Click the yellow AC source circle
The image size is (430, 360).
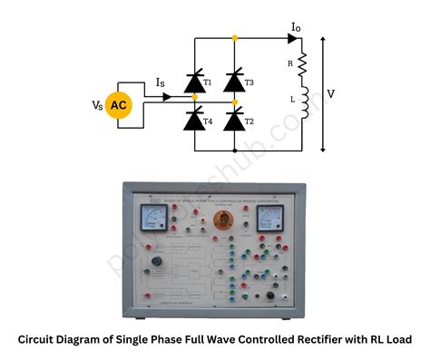119,106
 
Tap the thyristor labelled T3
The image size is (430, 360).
234,83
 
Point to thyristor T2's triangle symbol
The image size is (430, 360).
234,119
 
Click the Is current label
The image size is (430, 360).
161,83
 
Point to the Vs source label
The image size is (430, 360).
96,106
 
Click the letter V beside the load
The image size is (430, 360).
332,93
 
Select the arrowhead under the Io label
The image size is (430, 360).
292,38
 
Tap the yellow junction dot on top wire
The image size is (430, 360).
234,38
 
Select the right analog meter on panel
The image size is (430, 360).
270,218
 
